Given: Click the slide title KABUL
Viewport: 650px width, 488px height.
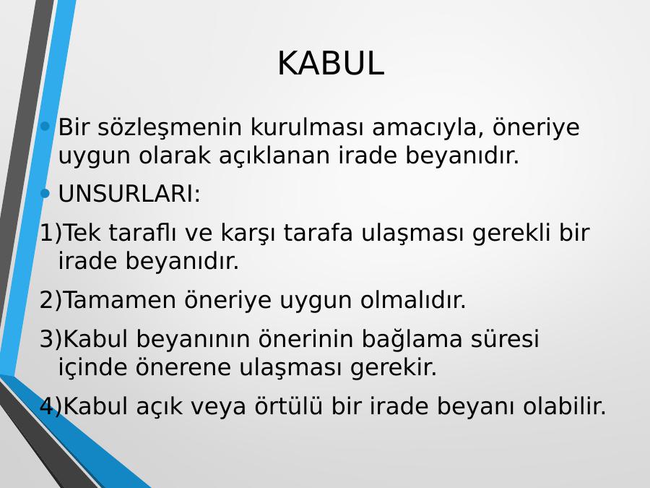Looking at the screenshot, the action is coord(331,64).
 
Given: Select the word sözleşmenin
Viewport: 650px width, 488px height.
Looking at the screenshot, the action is coord(170,127).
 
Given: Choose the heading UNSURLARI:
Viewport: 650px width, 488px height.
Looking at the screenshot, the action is coord(129,194).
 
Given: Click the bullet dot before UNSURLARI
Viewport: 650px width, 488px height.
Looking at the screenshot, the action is coord(45,193).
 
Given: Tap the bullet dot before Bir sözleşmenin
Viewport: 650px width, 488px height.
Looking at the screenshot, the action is coord(45,126).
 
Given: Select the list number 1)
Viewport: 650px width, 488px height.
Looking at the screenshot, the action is coord(51,233).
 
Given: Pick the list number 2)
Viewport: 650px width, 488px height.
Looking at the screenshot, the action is coord(51,300).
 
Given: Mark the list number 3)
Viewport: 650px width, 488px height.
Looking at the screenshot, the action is coord(51,339).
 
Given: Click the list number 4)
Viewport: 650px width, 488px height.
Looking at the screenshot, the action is coord(51,406).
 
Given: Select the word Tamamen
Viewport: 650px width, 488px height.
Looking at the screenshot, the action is coord(120,300).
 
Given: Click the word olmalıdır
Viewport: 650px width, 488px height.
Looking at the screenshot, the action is coord(413,299).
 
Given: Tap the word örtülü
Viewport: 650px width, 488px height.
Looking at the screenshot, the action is coord(288,405).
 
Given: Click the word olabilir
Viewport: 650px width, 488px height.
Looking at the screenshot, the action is coord(565,406).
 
